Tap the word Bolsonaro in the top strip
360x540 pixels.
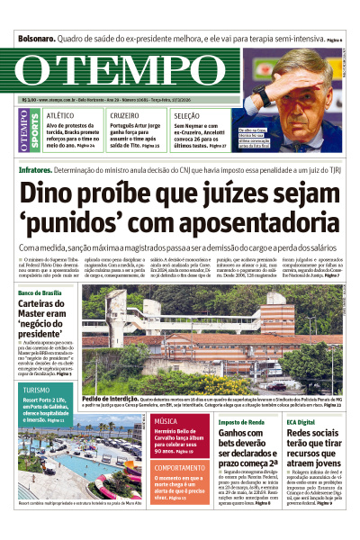pyautogui.click(x=35, y=40)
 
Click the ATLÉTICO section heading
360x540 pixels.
pyautogui.click(x=60, y=116)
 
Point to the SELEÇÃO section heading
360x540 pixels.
pyautogui.click(x=187, y=116)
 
